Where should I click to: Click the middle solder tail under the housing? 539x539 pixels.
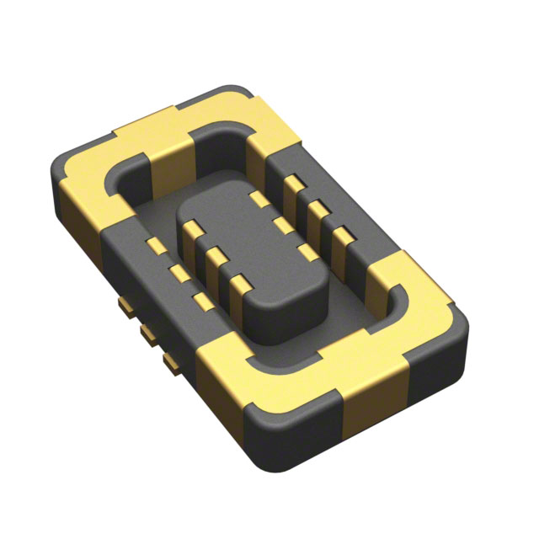[151, 335]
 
